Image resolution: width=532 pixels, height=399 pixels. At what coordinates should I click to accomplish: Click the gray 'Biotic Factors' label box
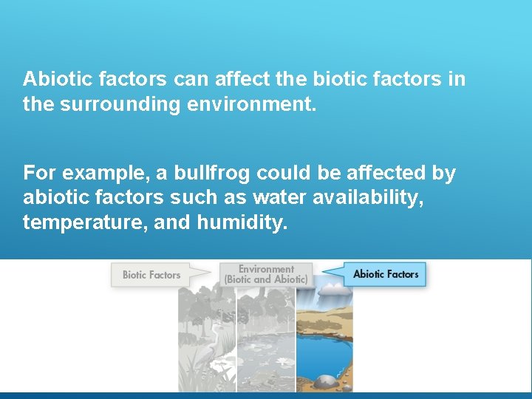pos(151,275)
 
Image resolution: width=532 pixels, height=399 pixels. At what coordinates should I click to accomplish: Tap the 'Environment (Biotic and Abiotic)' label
pos(266,274)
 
